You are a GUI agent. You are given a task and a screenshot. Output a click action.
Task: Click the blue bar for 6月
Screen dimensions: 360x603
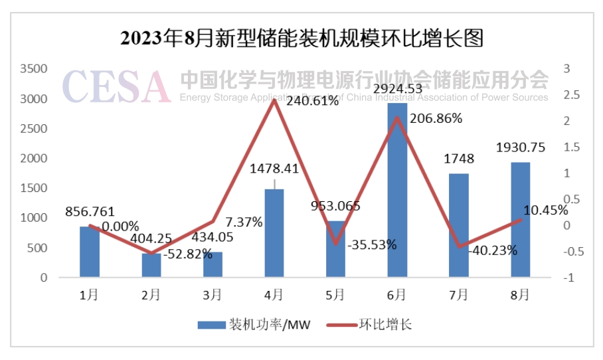(x=397, y=189)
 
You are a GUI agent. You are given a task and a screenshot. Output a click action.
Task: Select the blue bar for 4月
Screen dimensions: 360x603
(x=274, y=232)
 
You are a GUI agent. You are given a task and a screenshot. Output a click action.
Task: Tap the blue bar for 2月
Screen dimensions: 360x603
(x=151, y=264)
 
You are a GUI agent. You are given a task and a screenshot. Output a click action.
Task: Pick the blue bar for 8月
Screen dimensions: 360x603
(x=521, y=219)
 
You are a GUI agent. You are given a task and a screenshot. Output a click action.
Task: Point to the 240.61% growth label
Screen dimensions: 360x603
(x=312, y=101)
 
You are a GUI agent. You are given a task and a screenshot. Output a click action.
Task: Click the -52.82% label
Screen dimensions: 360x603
(x=189, y=254)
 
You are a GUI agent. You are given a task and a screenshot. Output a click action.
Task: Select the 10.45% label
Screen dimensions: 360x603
(x=545, y=211)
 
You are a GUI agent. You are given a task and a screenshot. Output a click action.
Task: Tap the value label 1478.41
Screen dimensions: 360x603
(x=274, y=169)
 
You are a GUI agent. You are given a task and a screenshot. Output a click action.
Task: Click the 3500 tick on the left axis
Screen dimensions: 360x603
(x=34, y=68)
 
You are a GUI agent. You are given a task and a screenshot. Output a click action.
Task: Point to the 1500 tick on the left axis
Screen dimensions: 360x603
(x=34, y=188)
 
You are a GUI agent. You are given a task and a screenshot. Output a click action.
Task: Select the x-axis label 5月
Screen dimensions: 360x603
(x=335, y=294)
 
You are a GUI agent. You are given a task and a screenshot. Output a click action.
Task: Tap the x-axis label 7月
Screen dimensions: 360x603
(x=459, y=294)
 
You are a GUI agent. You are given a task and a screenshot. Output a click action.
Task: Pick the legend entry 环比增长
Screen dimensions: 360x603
(x=386, y=325)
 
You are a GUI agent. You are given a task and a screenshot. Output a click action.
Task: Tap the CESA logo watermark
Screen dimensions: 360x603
(x=116, y=87)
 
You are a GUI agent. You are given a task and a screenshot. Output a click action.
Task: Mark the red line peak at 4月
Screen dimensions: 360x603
(x=274, y=100)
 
